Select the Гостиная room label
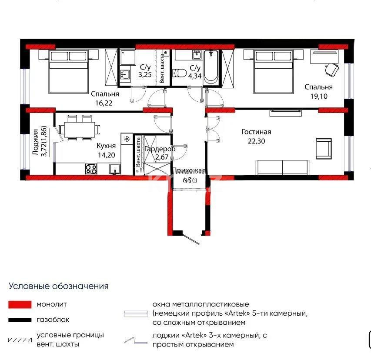[x=257, y=132]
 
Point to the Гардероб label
[x=159, y=149]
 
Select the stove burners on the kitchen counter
[x=91, y=169]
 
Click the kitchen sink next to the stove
[x=115, y=169]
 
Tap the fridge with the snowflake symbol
[x=127, y=139]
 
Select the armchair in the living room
[x=323, y=148]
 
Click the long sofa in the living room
[x=282, y=167]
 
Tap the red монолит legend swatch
[x=20, y=304]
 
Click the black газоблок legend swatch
[x=20, y=320]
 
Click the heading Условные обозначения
[x=59, y=286]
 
